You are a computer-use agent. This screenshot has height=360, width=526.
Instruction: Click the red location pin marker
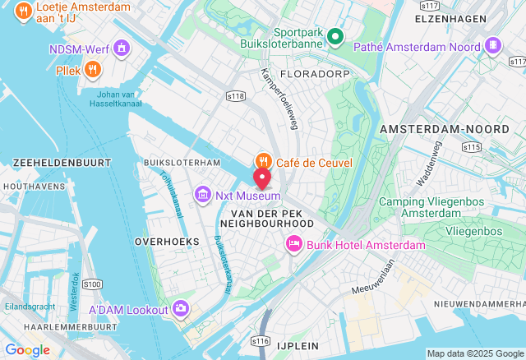[262, 178]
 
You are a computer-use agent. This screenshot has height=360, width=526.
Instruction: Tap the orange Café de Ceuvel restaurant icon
[263, 162]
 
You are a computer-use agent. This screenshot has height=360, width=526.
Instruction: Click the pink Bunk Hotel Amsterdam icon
[293, 244]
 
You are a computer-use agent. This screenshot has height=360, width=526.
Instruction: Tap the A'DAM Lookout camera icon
[180, 309]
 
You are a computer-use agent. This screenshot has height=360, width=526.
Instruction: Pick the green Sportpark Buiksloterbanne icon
[335, 36]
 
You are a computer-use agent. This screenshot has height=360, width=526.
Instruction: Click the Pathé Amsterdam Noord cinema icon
[492, 46]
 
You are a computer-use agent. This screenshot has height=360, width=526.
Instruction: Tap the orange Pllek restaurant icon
[92, 69]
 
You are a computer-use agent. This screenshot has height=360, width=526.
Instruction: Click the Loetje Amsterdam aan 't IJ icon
[23, 12]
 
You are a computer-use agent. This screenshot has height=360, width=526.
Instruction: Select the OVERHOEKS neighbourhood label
[167, 242]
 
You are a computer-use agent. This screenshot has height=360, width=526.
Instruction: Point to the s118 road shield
[236, 96]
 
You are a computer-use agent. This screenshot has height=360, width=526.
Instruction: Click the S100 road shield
[93, 284]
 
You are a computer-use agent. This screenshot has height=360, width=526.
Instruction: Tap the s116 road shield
[261, 340]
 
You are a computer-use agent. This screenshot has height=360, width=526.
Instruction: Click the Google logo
[27, 350]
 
